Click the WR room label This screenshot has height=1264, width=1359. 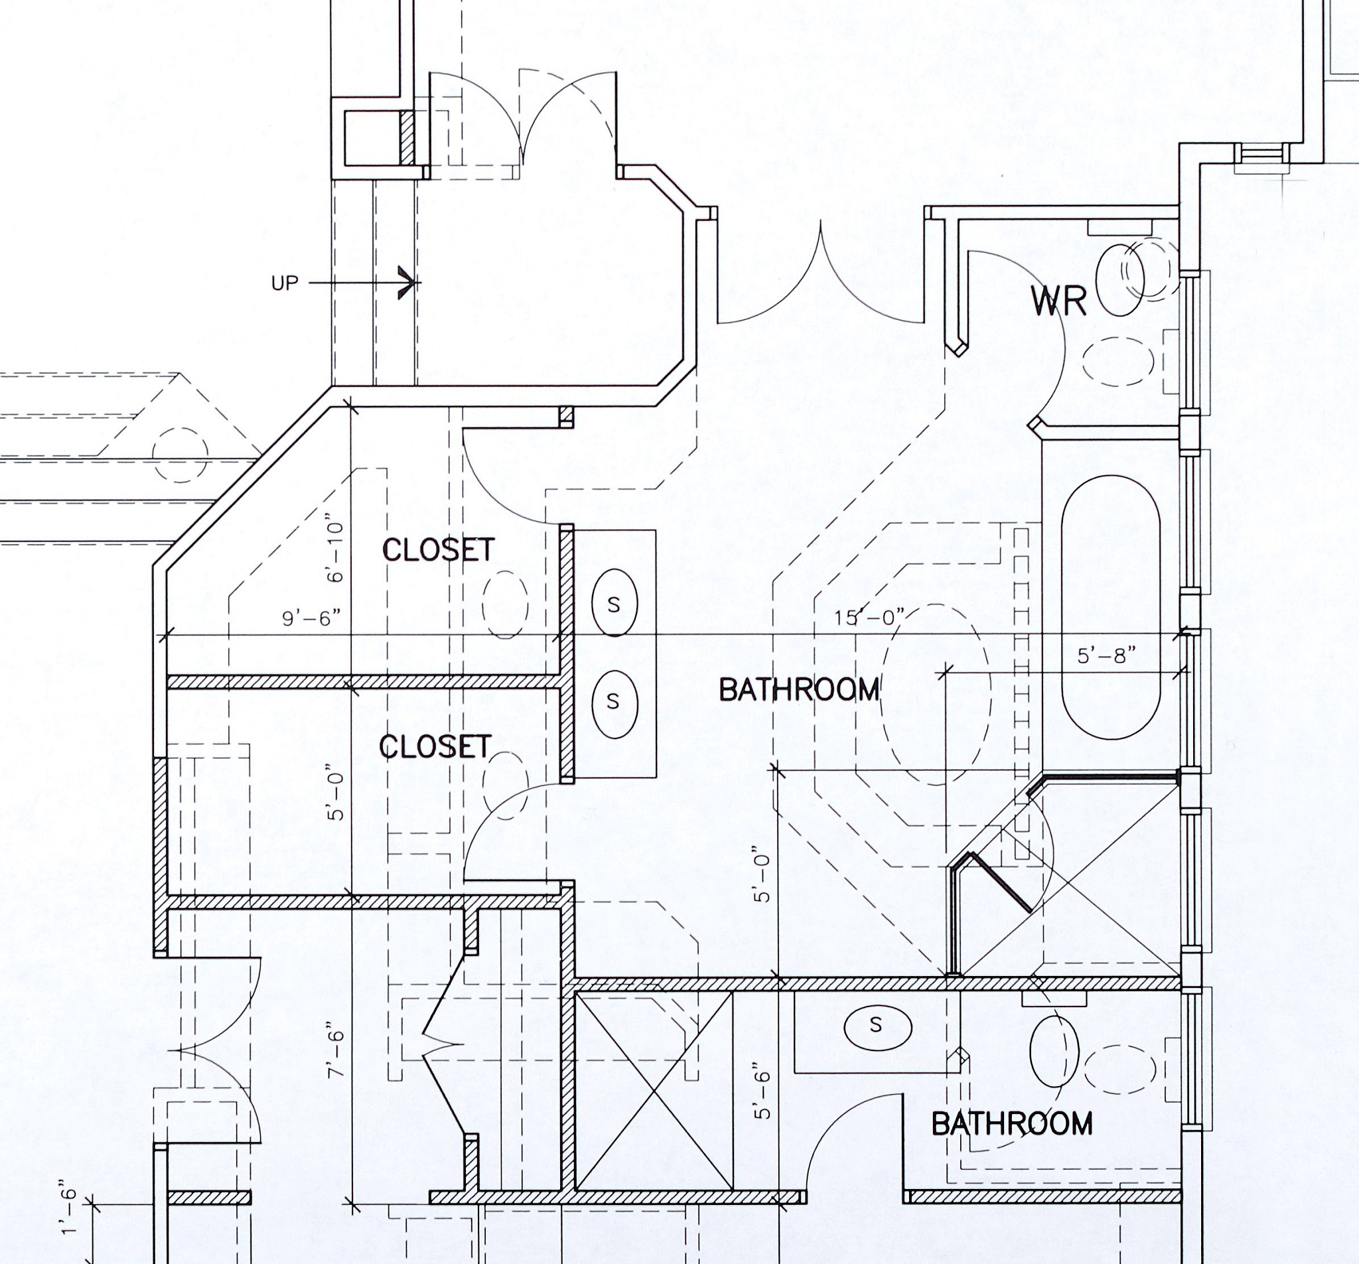[x=1058, y=301]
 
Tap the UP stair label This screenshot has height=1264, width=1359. [x=285, y=283]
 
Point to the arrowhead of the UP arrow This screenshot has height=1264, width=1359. [x=409, y=283]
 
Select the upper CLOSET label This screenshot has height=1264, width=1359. [x=438, y=550]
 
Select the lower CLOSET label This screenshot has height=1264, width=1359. [x=435, y=746]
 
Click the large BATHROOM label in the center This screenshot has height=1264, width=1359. [x=799, y=690]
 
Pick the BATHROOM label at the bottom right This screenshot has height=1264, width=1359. [x=1013, y=1124]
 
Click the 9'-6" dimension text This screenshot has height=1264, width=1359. [x=312, y=618]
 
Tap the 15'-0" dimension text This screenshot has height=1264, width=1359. [x=869, y=617]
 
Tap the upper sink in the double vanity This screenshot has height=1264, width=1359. [x=614, y=604]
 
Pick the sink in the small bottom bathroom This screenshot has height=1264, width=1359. [x=878, y=1026]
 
